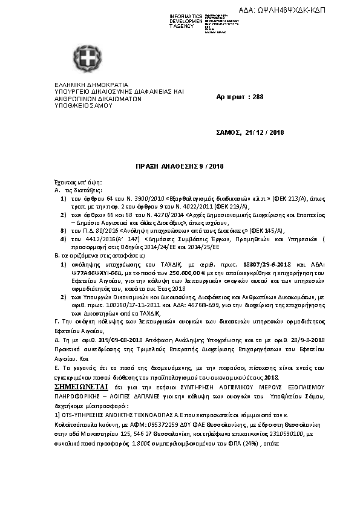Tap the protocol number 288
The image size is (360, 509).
point(258,97)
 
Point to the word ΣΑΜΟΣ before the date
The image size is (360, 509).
point(229,132)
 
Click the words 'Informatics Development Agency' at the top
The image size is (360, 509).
point(186,21)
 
